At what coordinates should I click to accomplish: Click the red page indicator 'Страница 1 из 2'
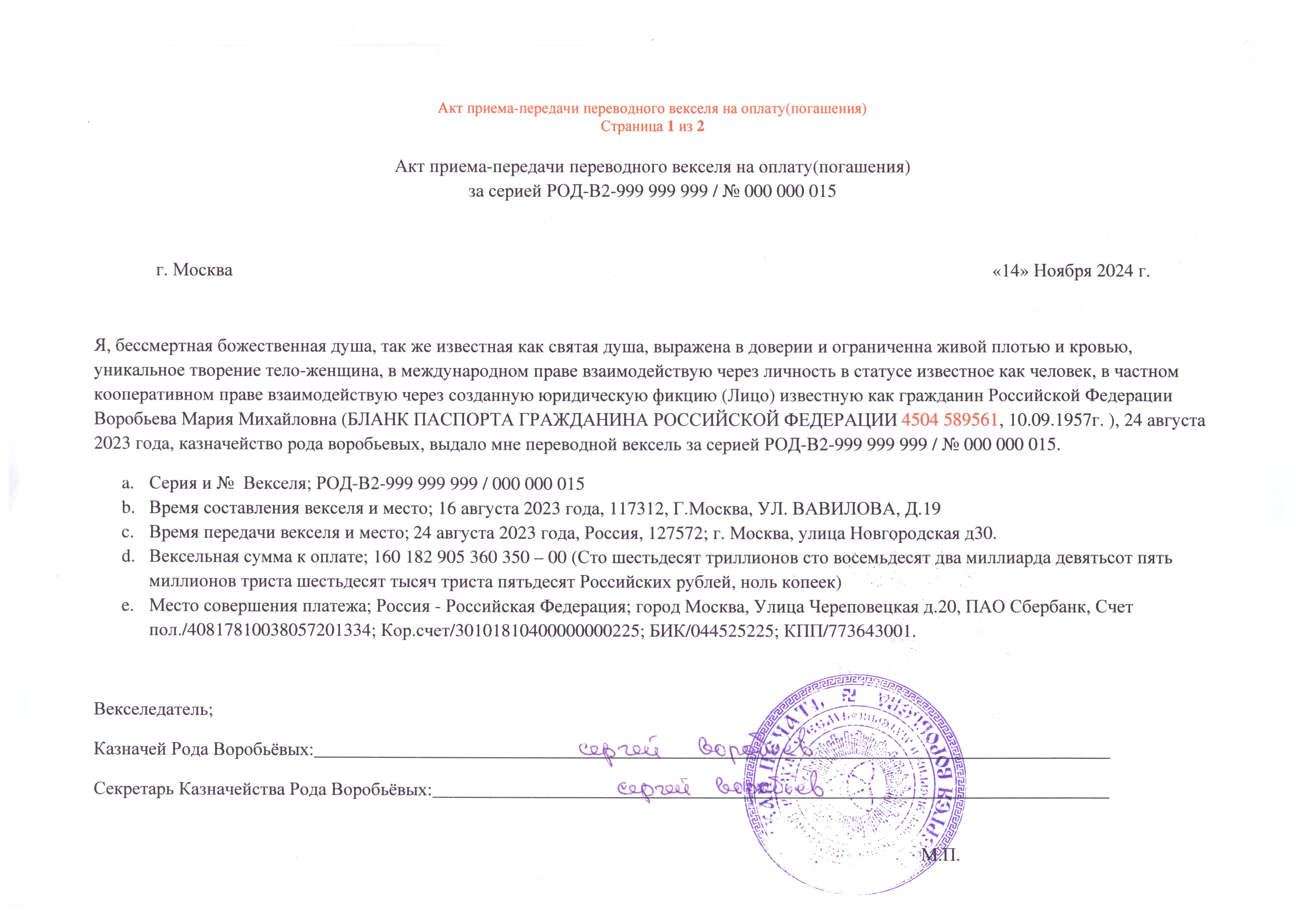coord(652,127)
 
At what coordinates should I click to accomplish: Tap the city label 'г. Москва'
coord(194,270)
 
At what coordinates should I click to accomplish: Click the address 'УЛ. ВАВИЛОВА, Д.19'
coord(866,509)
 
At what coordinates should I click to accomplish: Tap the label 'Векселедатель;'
coord(153,709)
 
